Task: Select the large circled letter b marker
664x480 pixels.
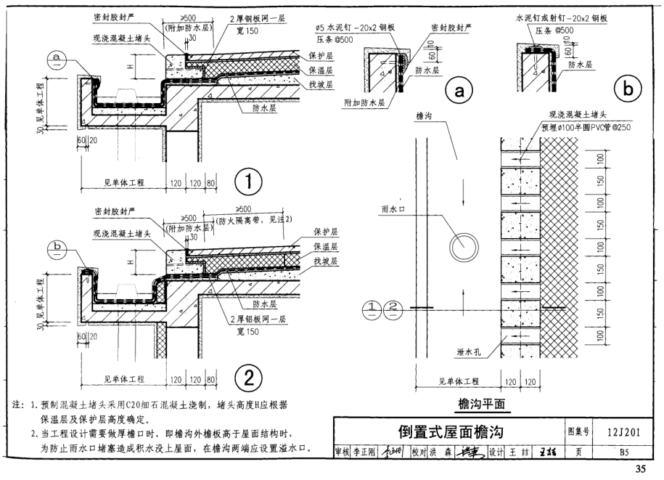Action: click(x=627, y=89)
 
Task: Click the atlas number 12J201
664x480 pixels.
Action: click(x=623, y=433)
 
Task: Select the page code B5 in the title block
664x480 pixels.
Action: click(x=623, y=450)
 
